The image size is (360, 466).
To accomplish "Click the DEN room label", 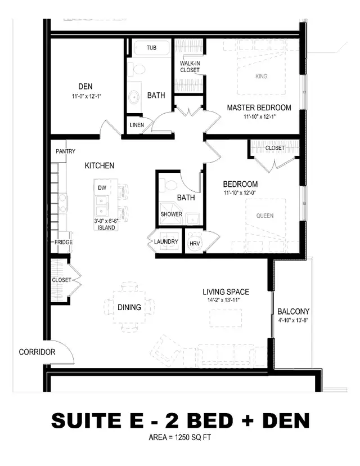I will (x=85, y=87).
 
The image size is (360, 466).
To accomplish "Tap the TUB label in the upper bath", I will (x=151, y=48).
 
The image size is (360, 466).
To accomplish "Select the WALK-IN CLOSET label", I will (x=190, y=67).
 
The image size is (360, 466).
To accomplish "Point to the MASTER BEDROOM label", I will (x=259, y=107).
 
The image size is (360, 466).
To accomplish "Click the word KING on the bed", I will (x=261, y=76).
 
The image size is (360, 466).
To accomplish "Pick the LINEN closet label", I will (x=136, y=124).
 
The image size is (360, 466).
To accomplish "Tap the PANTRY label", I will (x=65, y=152).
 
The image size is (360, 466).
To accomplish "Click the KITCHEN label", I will (x=100, y=165).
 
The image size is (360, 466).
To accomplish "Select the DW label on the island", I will (x=102, y=187).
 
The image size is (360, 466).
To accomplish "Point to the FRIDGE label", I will (x=63, y=242).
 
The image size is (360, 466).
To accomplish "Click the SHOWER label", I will (x=171, y=214).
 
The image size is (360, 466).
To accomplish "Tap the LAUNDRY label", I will (x=166, y=242).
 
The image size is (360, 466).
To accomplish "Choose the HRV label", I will (x=194, y=243).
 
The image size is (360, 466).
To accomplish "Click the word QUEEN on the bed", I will (x=265, y=215).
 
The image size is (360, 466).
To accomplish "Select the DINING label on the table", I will (x=129, y=307).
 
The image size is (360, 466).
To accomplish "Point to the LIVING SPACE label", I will (x=226, y=292).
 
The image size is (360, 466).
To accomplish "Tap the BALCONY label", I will (x=293, y=311).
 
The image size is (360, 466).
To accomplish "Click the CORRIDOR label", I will (x=37, y=352).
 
